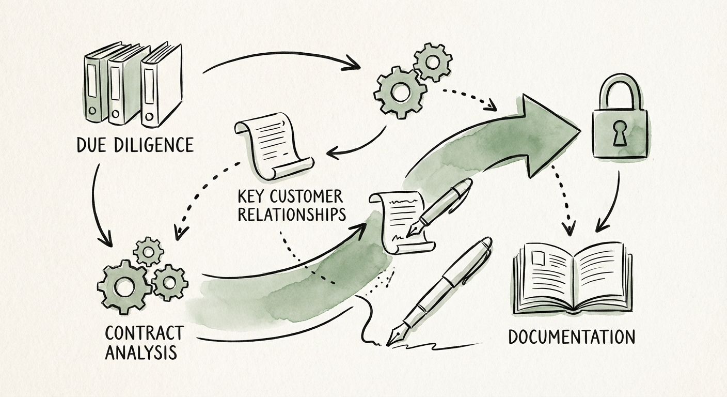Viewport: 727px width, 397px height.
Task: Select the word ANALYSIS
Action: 140,353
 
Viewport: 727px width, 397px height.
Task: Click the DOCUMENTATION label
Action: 572,337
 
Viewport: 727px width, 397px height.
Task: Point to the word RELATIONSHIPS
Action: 291,214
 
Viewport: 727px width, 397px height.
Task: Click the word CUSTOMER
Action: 309,196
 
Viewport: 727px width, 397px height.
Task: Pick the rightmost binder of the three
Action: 161,86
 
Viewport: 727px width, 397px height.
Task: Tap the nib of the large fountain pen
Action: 396,337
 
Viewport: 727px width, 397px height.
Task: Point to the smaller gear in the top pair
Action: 433,62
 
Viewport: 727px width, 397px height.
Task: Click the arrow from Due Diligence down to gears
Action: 101,207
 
